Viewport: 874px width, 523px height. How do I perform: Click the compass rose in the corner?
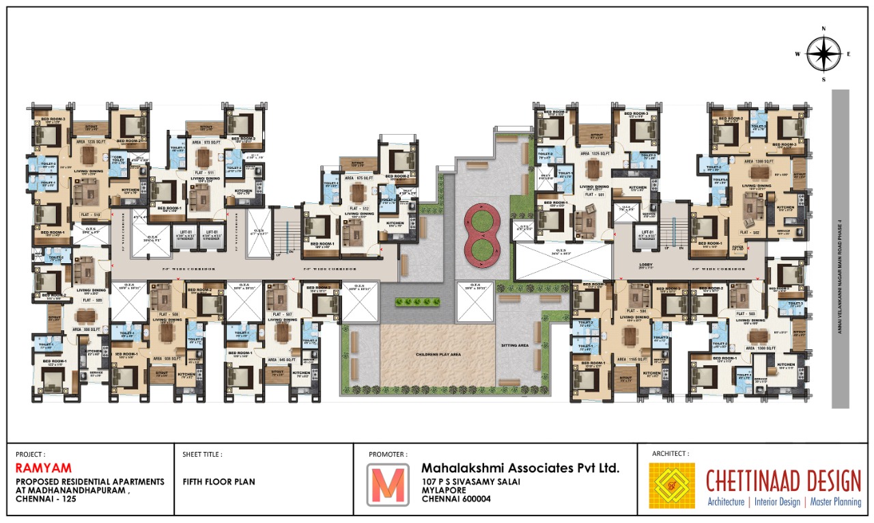point(823,54)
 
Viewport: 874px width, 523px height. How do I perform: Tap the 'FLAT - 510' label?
point(91,215)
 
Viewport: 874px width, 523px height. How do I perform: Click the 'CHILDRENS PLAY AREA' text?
point(438,355)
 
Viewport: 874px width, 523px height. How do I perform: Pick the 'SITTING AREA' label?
point(514,345)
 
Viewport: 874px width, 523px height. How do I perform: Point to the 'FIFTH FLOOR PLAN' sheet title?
point(218,481)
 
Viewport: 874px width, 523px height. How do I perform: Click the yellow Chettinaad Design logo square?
point(672,485)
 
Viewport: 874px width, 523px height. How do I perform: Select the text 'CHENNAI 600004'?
point(456,499)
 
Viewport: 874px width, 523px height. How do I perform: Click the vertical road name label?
point(841,250)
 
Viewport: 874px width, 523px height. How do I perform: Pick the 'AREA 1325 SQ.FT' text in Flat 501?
point(594,155)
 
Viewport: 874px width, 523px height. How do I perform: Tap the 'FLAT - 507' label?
point(282,314)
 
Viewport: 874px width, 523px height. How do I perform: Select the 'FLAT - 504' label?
point(638,311)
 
